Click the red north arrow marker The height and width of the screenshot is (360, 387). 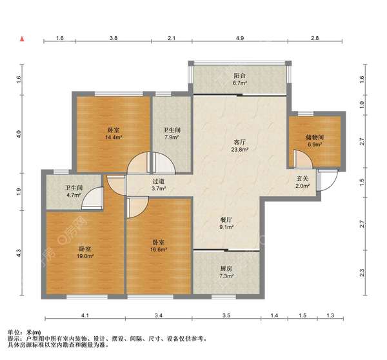coord(22,39)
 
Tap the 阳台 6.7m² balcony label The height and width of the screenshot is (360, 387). coord(240,79)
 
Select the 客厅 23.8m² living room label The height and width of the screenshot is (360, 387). coord(240,146)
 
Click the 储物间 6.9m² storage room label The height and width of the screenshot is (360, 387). coord(315,141)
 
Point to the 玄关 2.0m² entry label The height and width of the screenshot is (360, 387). coord(303,182)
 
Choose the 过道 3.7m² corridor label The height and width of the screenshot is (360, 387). coord(159,185)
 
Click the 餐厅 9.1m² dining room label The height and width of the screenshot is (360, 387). coord(226,223)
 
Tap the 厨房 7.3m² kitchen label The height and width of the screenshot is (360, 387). coord(226,272)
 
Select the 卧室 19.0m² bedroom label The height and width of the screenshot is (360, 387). coord(85,252)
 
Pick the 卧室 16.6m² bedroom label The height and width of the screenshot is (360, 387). coord(159,246)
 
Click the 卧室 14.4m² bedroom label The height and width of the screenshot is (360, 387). coord(114,134)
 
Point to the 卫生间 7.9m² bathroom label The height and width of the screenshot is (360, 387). coord(172,134)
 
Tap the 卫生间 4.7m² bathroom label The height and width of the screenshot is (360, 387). coord(74,192)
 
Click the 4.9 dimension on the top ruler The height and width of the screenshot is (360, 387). coord(240,38)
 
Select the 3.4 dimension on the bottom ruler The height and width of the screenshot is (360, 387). coord(159,315)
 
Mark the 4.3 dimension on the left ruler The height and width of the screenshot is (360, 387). coord(19,254)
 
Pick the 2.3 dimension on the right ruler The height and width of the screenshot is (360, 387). coord(362,273)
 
